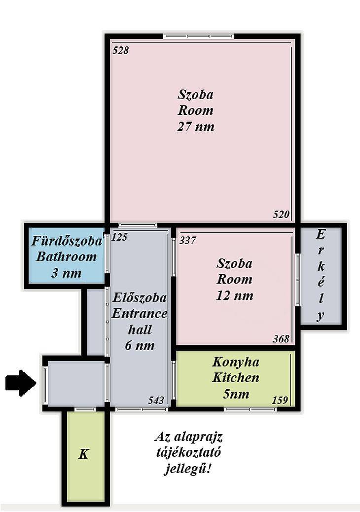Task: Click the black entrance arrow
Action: coord(20,383)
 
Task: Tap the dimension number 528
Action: coord(120,50)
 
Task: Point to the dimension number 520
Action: coord(281,215)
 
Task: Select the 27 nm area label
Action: coord(196,126)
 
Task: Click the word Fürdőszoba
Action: coord(67,241)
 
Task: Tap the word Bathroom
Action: coord(66,256)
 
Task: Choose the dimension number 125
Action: coord(119,237)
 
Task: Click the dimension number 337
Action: coord(188,240)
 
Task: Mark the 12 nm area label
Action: coord(235,295)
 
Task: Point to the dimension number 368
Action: coord(281,338)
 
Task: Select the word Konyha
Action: coord(236,362)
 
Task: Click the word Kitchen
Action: coord(236,378)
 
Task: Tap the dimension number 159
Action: coord(280,400)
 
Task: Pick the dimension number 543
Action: coord(156,401)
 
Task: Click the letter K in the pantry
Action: coord(83,454)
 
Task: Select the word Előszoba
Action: coord(140,298)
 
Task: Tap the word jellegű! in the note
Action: coord(187,469)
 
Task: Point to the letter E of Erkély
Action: coord(321,234)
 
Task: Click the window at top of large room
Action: coord(199,36)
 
